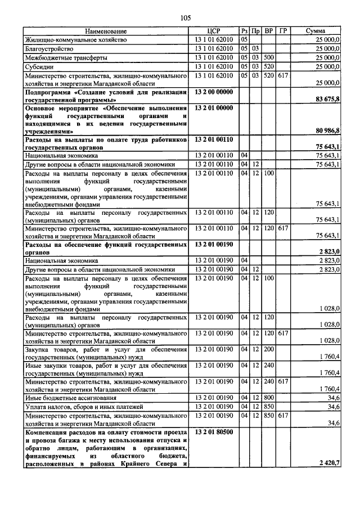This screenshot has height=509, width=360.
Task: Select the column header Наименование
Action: (x=106, y=31)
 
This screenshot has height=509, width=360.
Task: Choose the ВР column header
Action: (x=269, y=31)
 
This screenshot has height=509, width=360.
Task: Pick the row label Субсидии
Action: (x=39, y=66)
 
